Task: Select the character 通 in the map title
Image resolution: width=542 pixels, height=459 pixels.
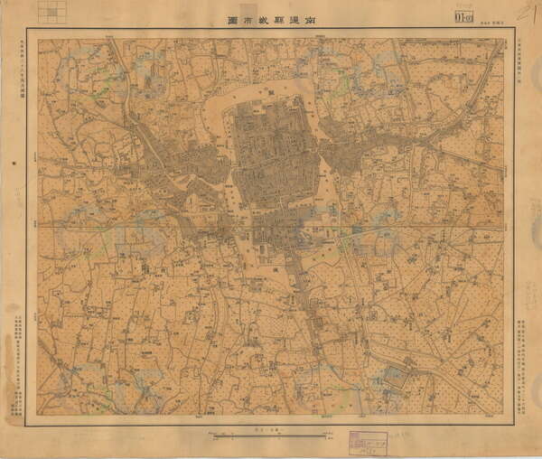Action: [295, 18]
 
